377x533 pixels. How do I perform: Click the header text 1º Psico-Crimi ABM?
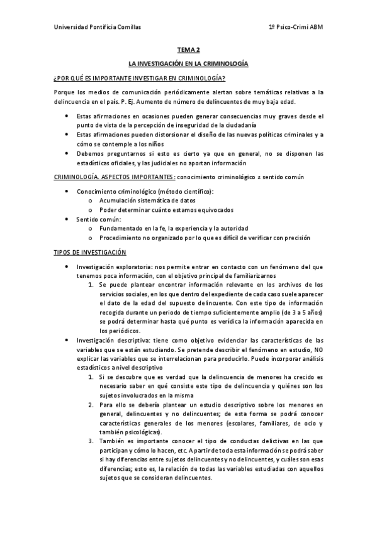point(295,28)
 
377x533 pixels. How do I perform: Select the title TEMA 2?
point(188,50)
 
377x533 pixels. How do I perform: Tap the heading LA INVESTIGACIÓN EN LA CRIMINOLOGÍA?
point(188,64)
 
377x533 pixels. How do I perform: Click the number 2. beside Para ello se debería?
point(92,405)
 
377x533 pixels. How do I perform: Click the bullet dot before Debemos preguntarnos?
point(66,153)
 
